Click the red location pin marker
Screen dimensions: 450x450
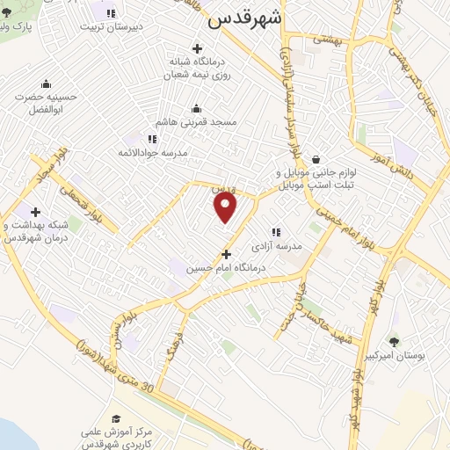[x=226, y=207]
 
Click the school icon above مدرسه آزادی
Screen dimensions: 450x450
[x=276, y=232]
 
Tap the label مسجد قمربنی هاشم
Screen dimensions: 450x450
[x=197, y=124]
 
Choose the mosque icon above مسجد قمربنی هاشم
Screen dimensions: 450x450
[x=196, y=109]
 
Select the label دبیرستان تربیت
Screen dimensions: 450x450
[x=136, y=27]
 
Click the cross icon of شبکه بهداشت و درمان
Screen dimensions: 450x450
[x=35, y=212]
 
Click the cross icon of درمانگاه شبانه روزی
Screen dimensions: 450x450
[x=196, y=48]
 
